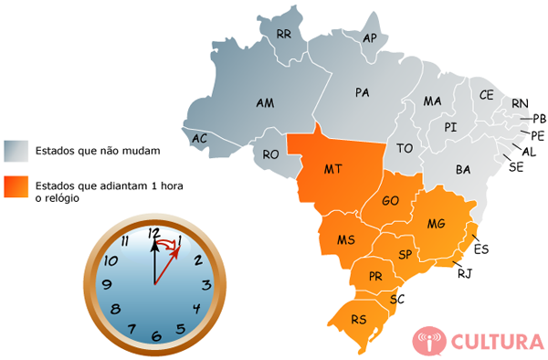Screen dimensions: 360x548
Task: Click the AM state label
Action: [x=266, y=103]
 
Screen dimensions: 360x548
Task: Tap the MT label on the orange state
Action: [x=333, y=169]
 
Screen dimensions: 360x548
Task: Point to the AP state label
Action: [x=370, y=38]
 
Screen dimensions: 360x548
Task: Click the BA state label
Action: [x=463, y=169]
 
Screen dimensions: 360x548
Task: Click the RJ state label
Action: [x=464, y=271]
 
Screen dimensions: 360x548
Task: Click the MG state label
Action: [x=437, y=224]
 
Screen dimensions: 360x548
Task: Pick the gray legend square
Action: [x=16, y=150]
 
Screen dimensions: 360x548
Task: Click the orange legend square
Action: [x=16, y=188]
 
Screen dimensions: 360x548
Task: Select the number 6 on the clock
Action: [x=155, y=335]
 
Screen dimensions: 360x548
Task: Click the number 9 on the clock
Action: [x=107, y=284]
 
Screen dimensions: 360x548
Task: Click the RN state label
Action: [x=520, y=103]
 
